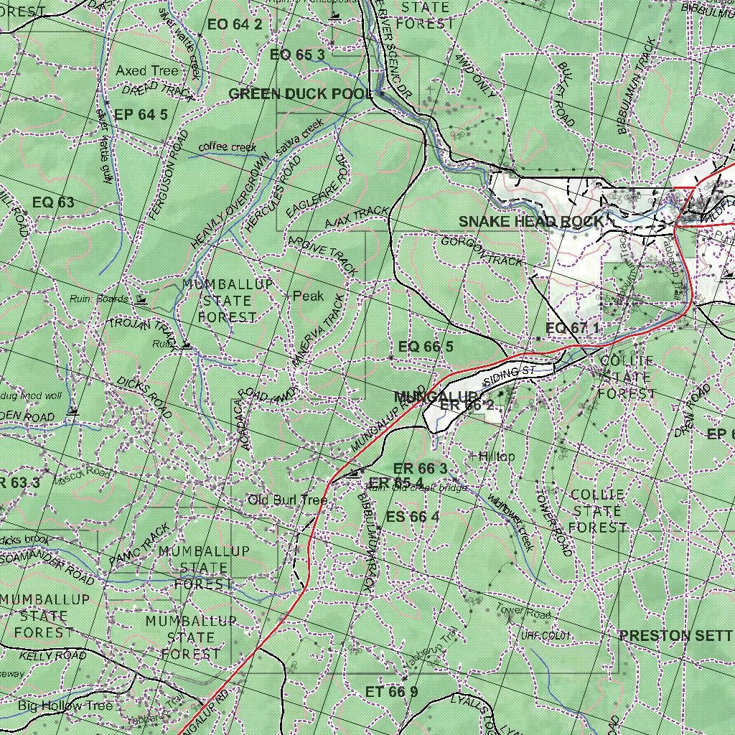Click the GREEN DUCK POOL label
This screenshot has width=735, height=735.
[x=301, y=94]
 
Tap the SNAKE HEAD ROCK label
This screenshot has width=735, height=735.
[x=531, y=222]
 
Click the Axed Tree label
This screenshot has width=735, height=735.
[x=147, y=70]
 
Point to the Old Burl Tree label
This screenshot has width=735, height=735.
[x=287, y=500]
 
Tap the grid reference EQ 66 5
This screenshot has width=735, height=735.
[x=426, y=347]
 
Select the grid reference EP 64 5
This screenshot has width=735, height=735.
[x=141, y=114]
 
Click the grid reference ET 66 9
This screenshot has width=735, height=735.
[x=391, y=692]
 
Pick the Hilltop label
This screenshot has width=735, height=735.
[x=496, y=457]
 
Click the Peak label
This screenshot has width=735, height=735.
[x=308, y=296]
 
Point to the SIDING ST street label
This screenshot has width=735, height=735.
[x=510, y=375]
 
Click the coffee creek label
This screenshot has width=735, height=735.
[x=227, y=147]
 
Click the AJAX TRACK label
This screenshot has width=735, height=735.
[x=356, y=217]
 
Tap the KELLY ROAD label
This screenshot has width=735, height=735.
[x=52, y=655]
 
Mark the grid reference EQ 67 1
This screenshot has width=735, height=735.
[x=572, y=328]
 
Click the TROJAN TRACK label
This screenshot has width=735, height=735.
[x=142, y=331]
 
